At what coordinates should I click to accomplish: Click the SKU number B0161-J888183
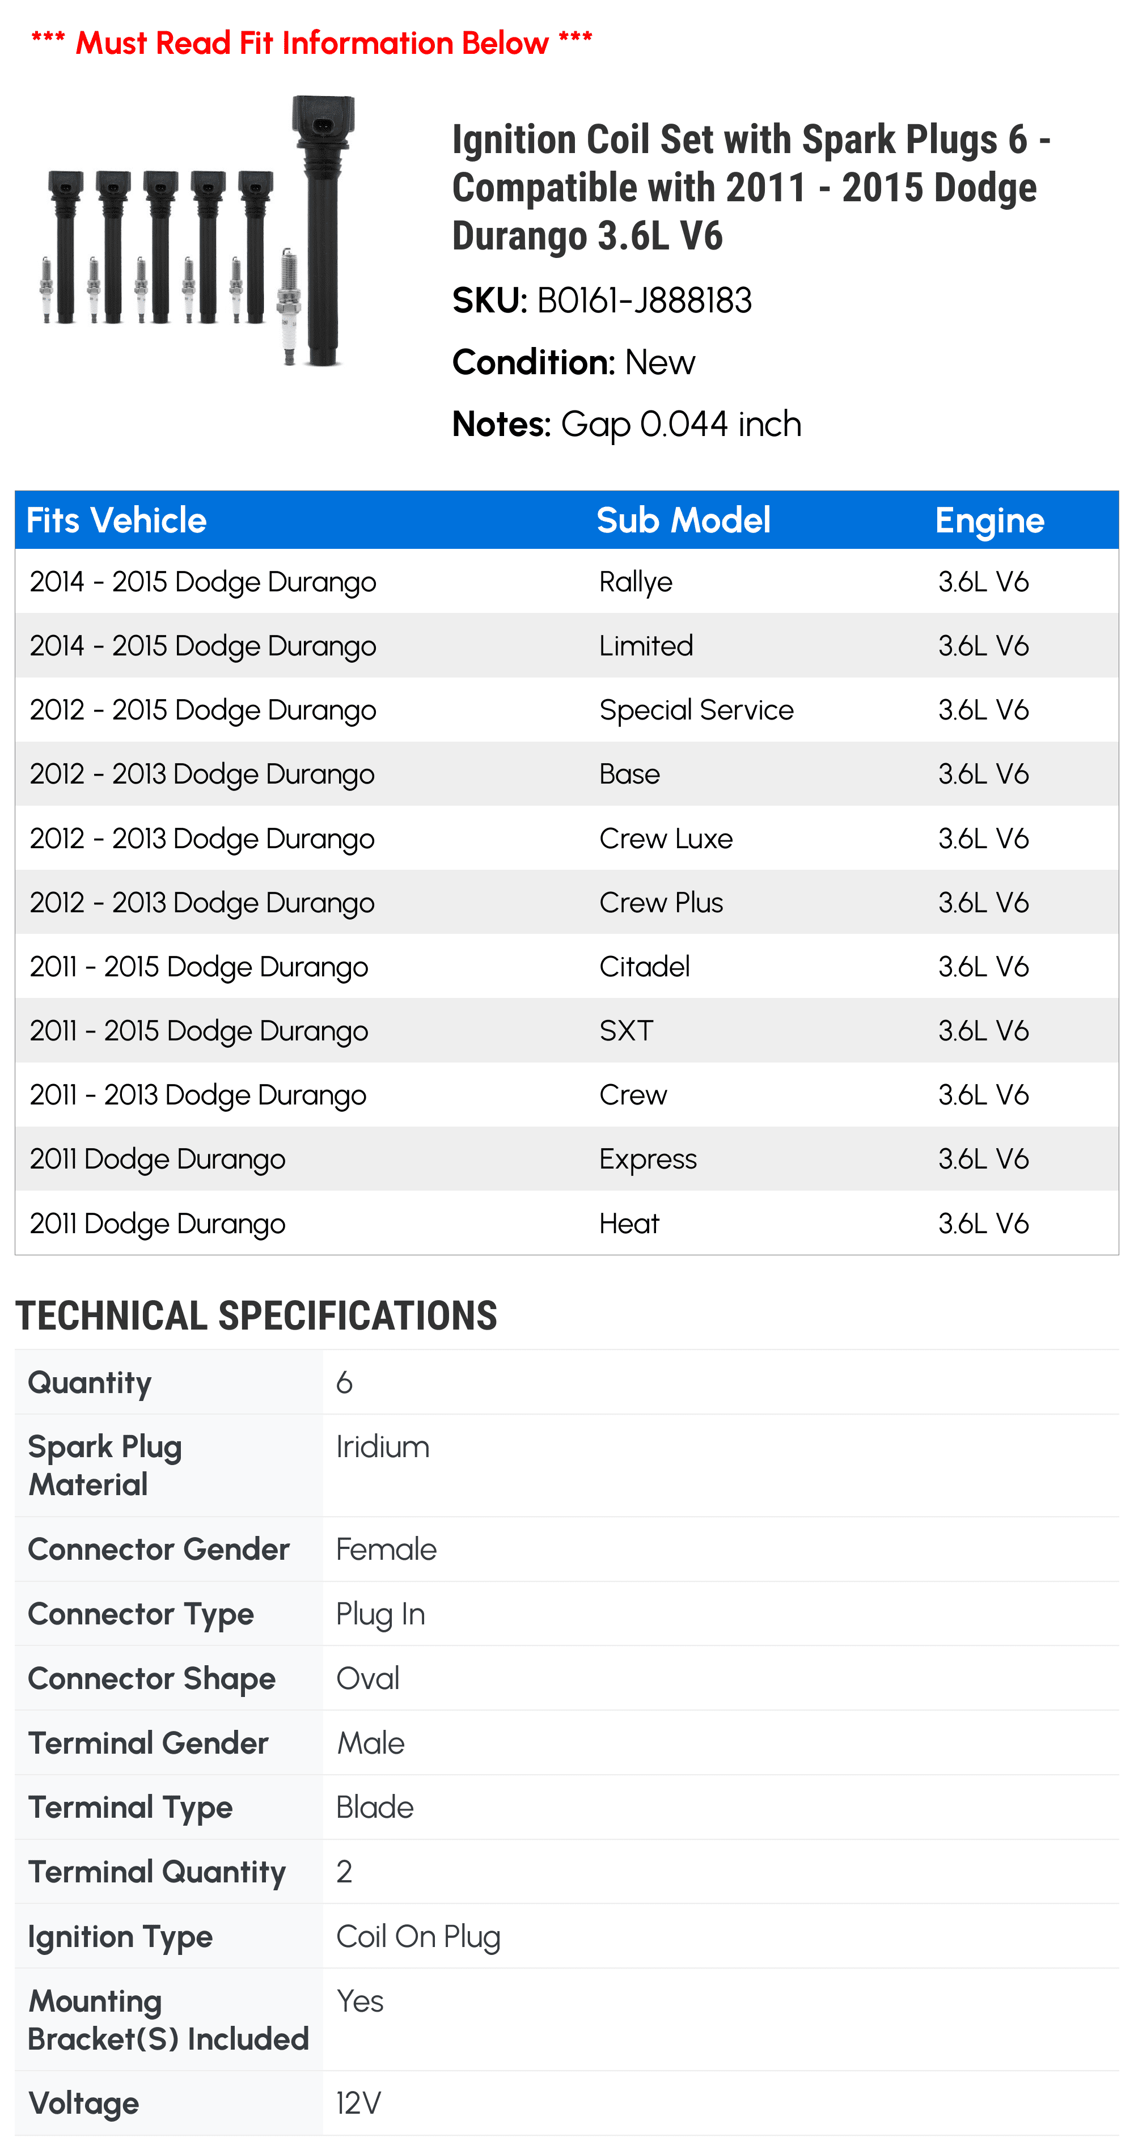(644, 301)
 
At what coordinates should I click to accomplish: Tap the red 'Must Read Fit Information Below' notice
(311, 42)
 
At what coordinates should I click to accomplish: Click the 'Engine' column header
(989, 521)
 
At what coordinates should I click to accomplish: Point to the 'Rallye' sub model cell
(635, 582)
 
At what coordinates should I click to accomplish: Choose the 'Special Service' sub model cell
(696, 710)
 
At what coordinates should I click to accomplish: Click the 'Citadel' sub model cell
(644, 967)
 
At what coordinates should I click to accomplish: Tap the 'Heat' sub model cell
(629, 1224)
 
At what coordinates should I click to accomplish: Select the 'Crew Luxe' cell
(666, 838)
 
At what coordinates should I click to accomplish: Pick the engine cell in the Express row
(983, 1159)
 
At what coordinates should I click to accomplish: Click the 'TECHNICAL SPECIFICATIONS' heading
(256, 1315)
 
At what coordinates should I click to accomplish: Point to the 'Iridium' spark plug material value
(382, 1446)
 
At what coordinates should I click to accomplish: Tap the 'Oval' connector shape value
(367, 1678)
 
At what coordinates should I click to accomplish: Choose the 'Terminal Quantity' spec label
(157, 1872)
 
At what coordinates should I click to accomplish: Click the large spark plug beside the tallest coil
(289, 306)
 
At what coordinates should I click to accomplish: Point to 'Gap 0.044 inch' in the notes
(681, 425)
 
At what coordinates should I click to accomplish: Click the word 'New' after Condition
(659, 363)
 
